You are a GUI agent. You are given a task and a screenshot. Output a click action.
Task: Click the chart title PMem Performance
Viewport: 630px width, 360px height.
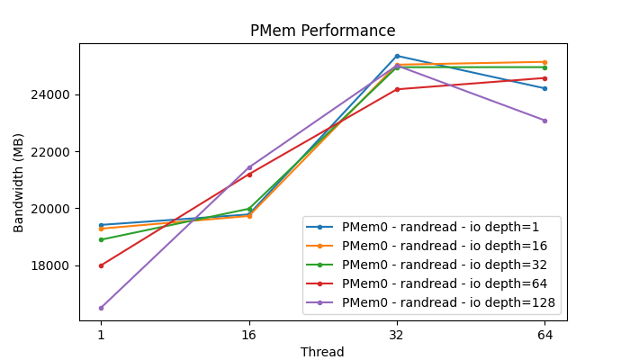click(x=322, y=31)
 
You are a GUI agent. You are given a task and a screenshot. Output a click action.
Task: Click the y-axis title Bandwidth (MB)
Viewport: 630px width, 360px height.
click(x=19, y=183)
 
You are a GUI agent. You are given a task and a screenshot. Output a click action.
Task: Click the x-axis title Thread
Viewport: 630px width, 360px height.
click(x=322, y=352)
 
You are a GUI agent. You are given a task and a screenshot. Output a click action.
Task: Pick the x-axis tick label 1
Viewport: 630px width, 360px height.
click(x=101, y=335)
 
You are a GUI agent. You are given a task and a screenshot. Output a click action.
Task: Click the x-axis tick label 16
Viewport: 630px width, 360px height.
click(x=248, y=335)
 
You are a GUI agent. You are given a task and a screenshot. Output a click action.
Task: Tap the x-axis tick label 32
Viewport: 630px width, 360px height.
click(x=397, y=335)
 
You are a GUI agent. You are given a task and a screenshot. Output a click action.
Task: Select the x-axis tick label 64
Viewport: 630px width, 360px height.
click(x=544, y=335)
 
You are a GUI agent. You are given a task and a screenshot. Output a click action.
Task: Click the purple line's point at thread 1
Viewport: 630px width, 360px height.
click(x=101, y=308)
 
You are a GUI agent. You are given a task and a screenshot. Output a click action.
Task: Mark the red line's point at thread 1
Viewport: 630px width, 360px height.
click(x=101, y=265)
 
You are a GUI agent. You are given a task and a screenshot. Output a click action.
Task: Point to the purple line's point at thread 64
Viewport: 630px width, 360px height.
click(x=544, y=121)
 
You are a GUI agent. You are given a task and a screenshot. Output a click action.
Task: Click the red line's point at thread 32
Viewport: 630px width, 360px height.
click(x=397, y=89)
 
